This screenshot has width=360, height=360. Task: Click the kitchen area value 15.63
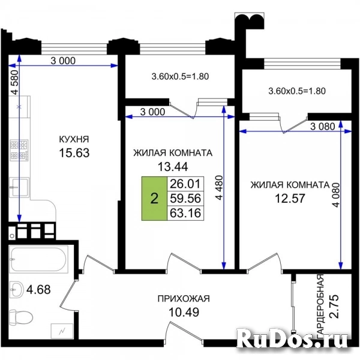click(74, 152)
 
